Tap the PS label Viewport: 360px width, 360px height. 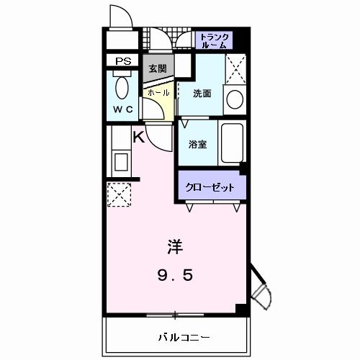coord(122,62)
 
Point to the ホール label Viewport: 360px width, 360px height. coord(158,92)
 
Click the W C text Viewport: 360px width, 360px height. coord(122,110)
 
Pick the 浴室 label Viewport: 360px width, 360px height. coord(197,144)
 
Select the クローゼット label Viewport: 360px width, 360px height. coord(210,187)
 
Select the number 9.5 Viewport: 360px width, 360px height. coord(175,274)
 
